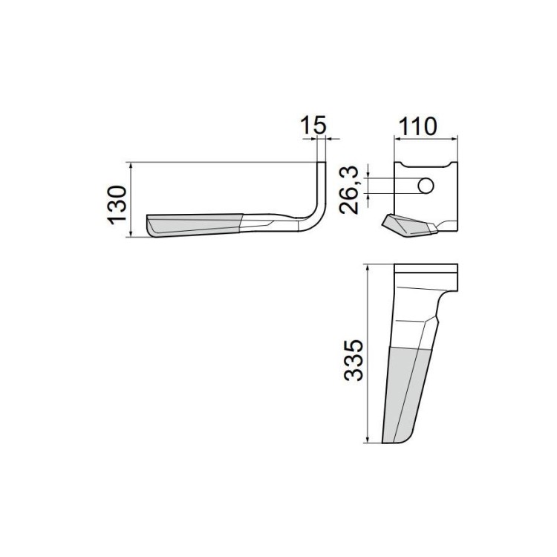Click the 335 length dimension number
click(355, 361)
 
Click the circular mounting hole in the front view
click(426, 186)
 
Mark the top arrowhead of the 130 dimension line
click(131, 166)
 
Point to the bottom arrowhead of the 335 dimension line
click(368, 440)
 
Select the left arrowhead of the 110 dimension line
click(396, 137)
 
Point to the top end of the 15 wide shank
click(321, 165)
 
